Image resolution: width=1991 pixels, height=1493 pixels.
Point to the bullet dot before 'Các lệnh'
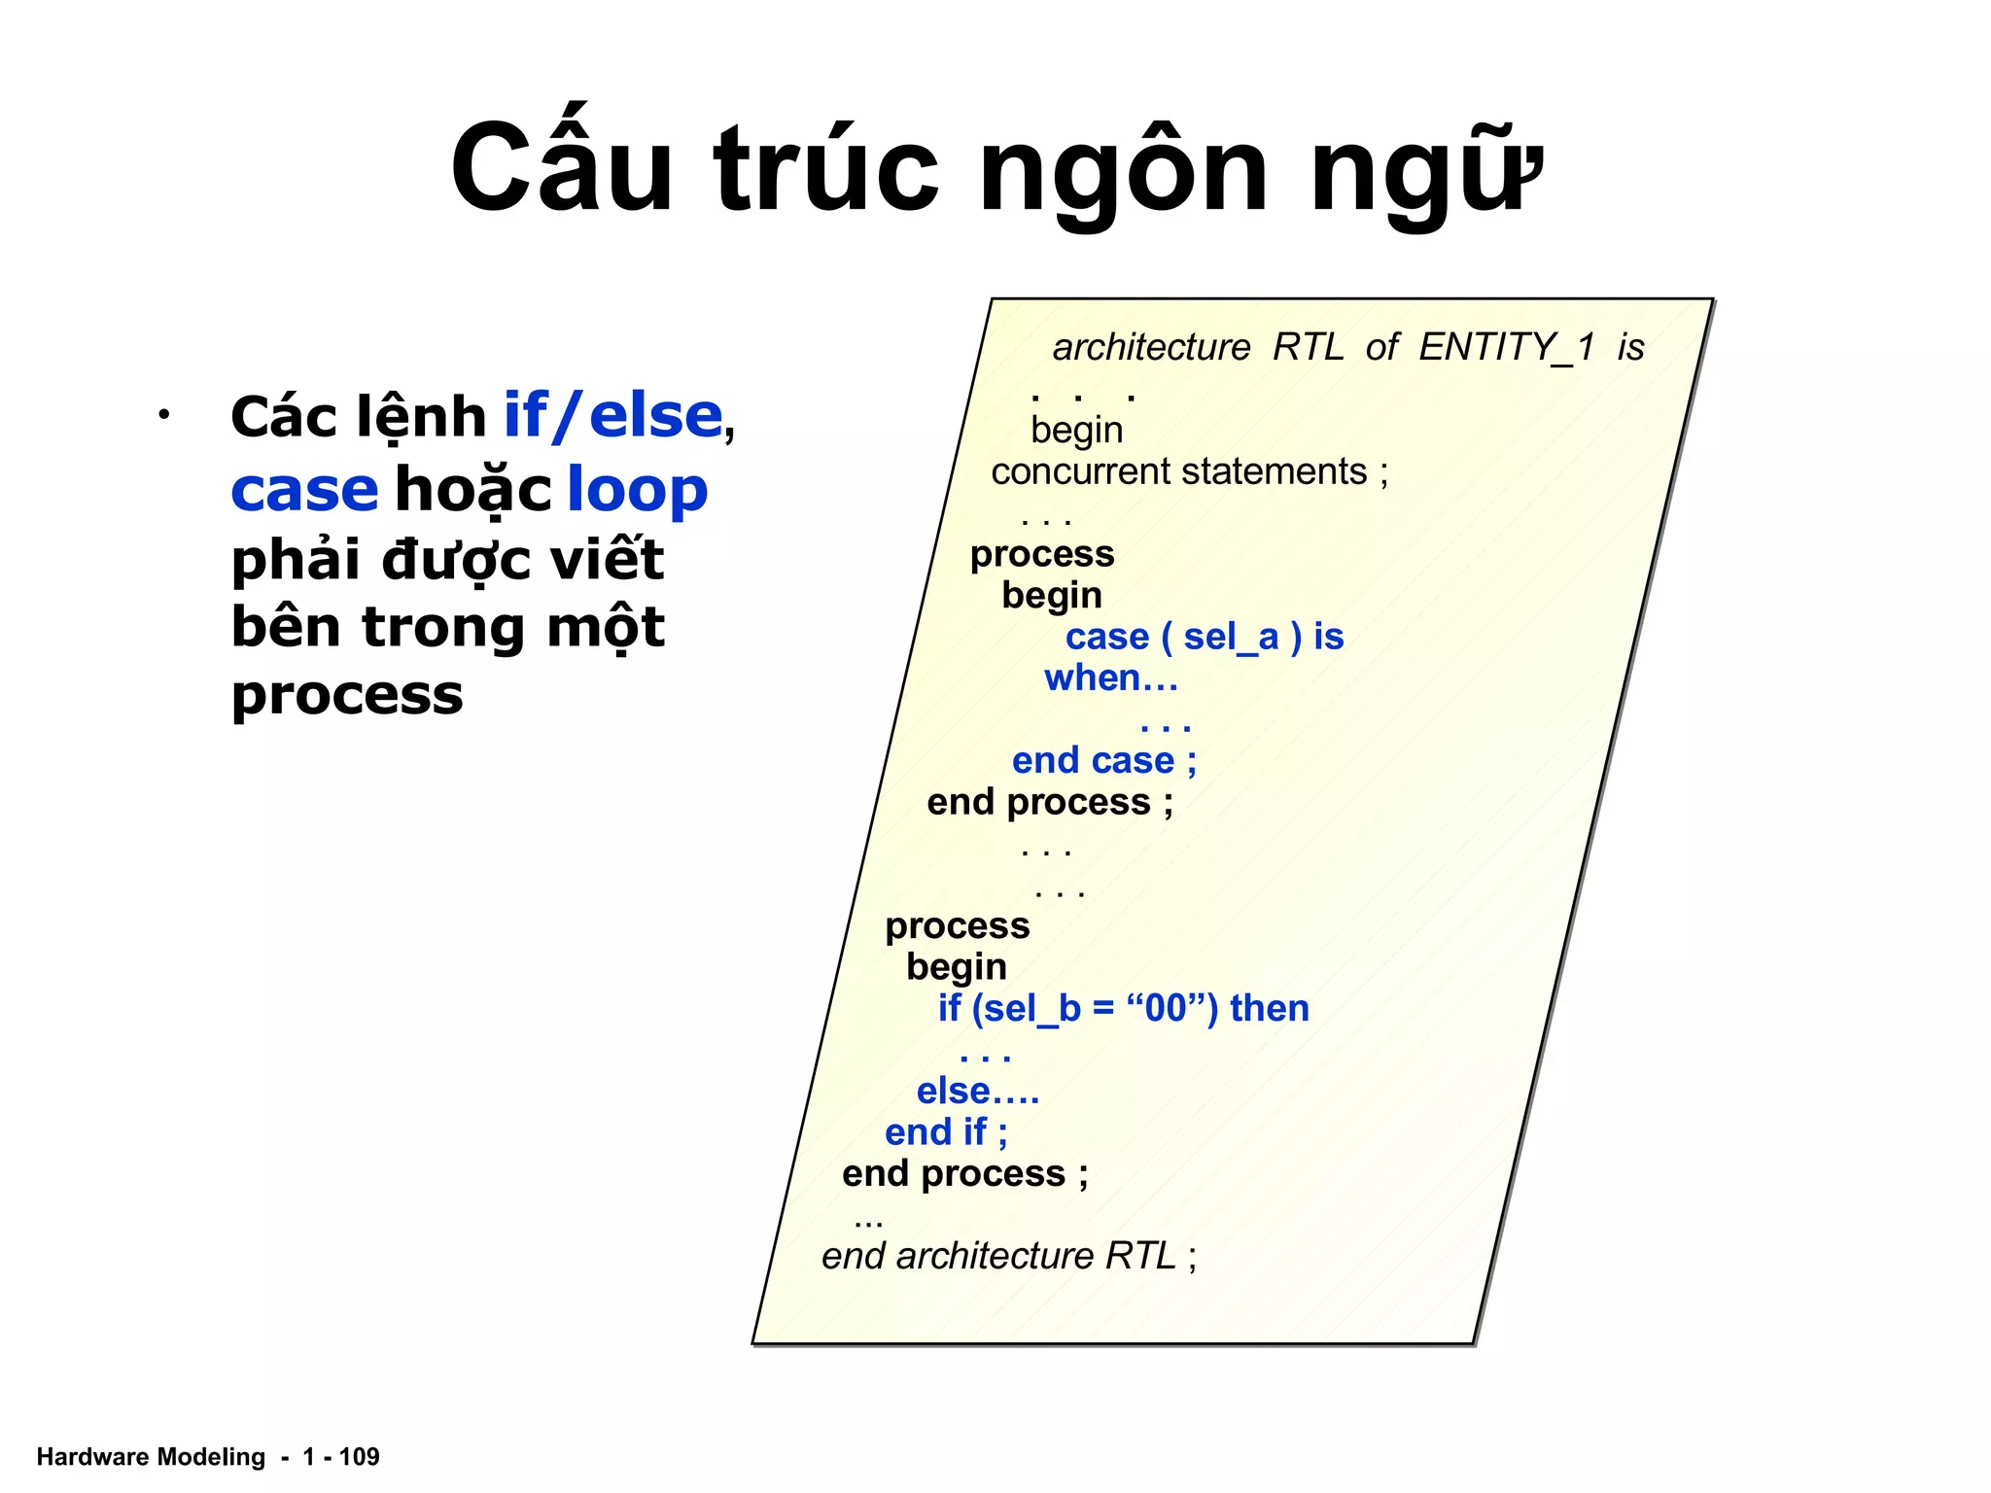[x=164, y=416]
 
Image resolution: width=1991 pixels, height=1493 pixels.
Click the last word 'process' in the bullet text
[x=347, y=696]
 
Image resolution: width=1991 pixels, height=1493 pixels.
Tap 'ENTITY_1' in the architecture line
[x=1506, y=347]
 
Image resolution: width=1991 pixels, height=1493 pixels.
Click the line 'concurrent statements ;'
[x=1189, y=472]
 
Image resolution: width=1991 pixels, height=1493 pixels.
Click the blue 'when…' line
[x=1110, y=678]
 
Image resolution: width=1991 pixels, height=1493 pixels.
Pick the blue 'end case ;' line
[x=1103, y=761]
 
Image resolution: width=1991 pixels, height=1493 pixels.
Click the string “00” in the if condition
[x=1166, y=1009]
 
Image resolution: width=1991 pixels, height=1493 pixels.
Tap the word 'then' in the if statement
[x=1269, y=1009]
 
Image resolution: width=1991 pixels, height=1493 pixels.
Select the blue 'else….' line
[x=977, y=1092]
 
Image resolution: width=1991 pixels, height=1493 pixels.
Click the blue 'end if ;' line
[x=945, y=1133]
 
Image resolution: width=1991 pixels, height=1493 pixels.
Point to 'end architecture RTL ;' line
[x=1008, y=1257]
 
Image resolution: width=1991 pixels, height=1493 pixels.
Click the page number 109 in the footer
[x=359, y=1457]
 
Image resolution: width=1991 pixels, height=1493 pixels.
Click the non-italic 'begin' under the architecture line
[x=1076, y=431]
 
